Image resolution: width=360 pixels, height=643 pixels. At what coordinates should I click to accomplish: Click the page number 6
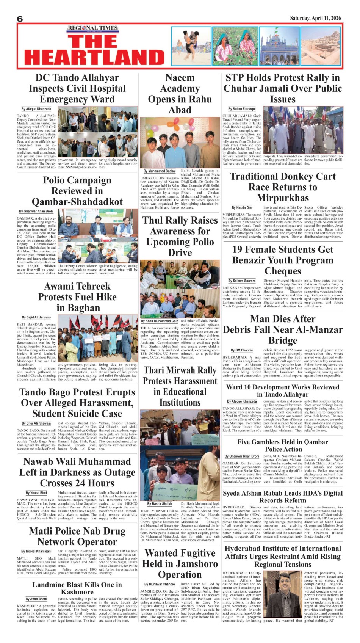tap(20, 19)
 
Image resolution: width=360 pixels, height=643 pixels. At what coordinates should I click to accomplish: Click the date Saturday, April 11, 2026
tap(315, 18)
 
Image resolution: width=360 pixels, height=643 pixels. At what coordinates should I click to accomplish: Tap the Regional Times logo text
tap(93, 28)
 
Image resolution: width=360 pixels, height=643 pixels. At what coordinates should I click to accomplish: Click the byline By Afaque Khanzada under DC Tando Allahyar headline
tap(36, 109)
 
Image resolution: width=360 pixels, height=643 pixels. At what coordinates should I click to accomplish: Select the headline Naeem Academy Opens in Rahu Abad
tap(180, 94)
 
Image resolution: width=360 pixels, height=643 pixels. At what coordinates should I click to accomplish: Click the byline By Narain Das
tap(242, 207)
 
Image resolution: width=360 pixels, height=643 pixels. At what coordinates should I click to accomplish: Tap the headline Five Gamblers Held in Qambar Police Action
tap(283, 445)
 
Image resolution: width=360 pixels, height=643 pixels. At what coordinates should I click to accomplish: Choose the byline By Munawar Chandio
tap(160, 584)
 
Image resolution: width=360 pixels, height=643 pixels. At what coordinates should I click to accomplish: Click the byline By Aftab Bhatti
tap(36, 599)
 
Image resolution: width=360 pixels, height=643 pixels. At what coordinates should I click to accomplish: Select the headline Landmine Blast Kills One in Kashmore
tap(77, 588)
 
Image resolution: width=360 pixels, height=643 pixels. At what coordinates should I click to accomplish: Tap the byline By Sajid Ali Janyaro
tap(36, 317)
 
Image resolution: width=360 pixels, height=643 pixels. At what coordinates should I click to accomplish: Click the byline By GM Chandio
tap(242, 350)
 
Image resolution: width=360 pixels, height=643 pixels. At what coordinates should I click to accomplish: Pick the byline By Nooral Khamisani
tap(36, 551)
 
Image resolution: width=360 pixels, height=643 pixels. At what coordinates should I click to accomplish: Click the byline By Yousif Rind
tap(36, 493)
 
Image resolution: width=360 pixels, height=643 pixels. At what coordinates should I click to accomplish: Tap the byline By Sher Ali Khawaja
tap(36, 423)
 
